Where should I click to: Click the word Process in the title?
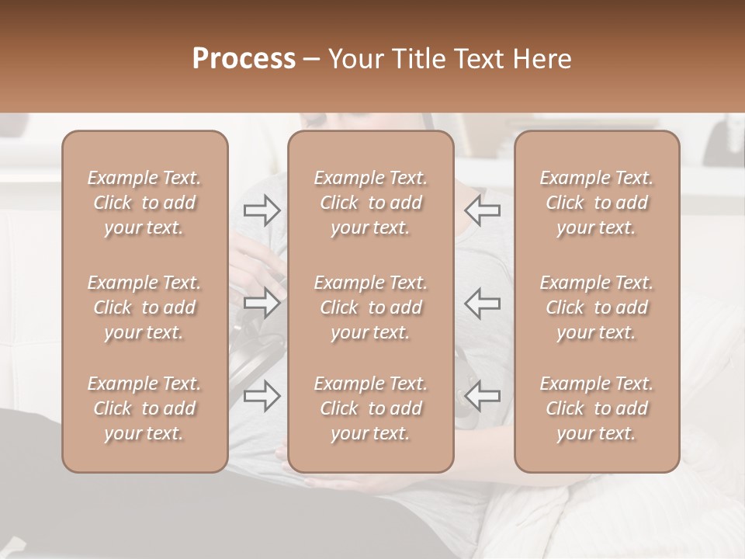coord(244,59)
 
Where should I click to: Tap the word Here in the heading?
coord(542,59)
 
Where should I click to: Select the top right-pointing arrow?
coord(262,210)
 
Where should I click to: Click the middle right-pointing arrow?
coord(262,304)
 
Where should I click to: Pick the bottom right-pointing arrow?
coord(262,396)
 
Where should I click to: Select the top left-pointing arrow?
coord(483,210)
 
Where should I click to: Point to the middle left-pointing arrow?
coord(483,304)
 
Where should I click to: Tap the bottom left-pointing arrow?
coord(483,396)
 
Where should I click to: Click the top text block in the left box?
coord(144,203)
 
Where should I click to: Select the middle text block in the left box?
coord(144,307)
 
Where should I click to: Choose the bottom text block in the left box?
coord(144,408)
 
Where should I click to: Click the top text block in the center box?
coord(370,203)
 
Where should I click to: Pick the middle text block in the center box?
coord(370,307)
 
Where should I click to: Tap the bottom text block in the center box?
coord(370,408)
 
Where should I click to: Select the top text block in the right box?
coord(596,203)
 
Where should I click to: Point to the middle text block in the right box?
coord(596,307)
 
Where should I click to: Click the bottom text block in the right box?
coord(596,408)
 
